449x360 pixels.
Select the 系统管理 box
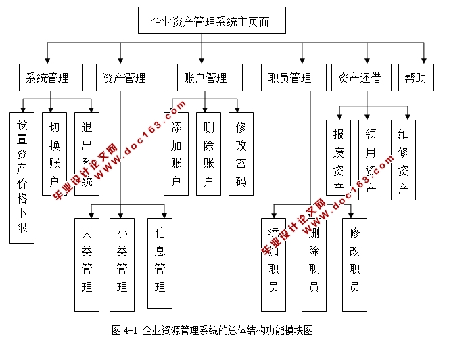coord(49,78)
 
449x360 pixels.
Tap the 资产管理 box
coord(131,78)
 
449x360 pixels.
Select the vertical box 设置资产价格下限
coord(22,177)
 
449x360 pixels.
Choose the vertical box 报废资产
coord(338,160)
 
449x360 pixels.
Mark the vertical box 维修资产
coord(403,160)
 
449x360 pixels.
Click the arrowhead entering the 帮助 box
coord(425,60)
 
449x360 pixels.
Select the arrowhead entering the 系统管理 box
coord(47,60)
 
